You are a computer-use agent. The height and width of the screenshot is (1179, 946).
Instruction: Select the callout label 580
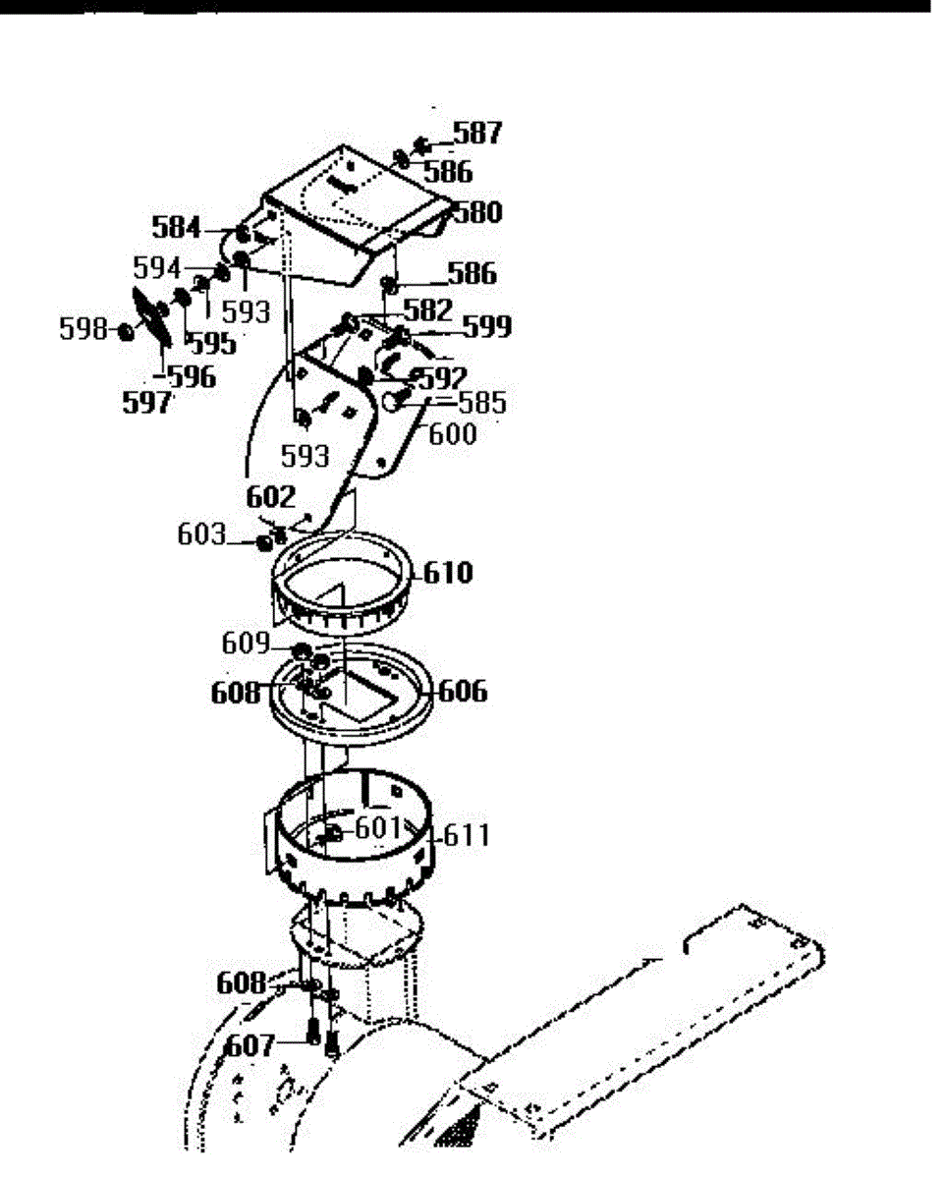pos(476,212)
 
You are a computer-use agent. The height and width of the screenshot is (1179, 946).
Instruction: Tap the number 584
pos(176,229)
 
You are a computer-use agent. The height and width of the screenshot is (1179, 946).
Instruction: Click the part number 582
pos(427,309)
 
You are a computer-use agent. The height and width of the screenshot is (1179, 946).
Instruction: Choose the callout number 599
pos(487,327)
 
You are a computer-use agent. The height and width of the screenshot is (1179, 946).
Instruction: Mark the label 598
pos(83,329)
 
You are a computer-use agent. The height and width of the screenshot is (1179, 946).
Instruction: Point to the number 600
pos(451,432)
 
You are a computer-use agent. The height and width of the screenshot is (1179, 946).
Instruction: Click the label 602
pos(270,497)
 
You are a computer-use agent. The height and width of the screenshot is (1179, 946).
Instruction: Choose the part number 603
pos(201,535)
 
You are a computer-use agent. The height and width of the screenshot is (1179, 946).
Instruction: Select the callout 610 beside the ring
pos(448,573)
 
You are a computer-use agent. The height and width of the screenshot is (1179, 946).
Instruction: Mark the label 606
pos(463,692)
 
